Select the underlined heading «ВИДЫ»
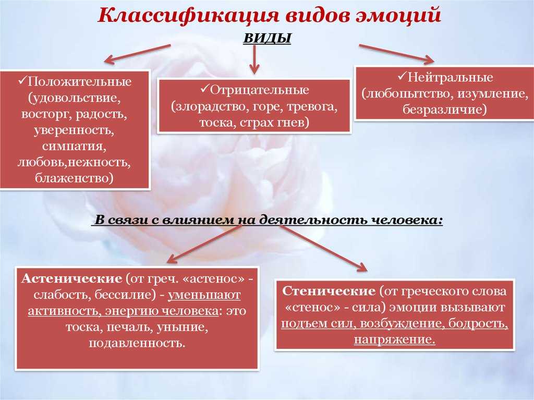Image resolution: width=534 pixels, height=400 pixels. (268, 38)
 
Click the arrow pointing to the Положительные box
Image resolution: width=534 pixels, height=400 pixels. (137, 54)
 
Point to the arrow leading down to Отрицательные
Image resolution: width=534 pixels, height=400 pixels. (254, 59)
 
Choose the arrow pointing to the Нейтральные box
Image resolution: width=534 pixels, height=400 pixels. (396, 54)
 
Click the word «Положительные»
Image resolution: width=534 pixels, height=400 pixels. (79, 82)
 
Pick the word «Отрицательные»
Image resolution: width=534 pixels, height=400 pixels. (260, 90)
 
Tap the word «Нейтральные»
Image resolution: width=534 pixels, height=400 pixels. (450, 77)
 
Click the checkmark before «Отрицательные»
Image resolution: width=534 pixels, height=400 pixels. (204, 89)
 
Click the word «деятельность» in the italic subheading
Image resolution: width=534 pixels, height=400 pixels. (312, 220)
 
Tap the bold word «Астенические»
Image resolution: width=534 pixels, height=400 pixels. (71, 278)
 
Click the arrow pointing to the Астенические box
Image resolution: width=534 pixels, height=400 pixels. (204, 244)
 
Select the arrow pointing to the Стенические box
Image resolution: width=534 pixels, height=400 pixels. (323, 248)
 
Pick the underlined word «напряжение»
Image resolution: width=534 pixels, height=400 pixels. (394, 340)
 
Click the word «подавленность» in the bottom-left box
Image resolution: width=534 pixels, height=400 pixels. (137, 343)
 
